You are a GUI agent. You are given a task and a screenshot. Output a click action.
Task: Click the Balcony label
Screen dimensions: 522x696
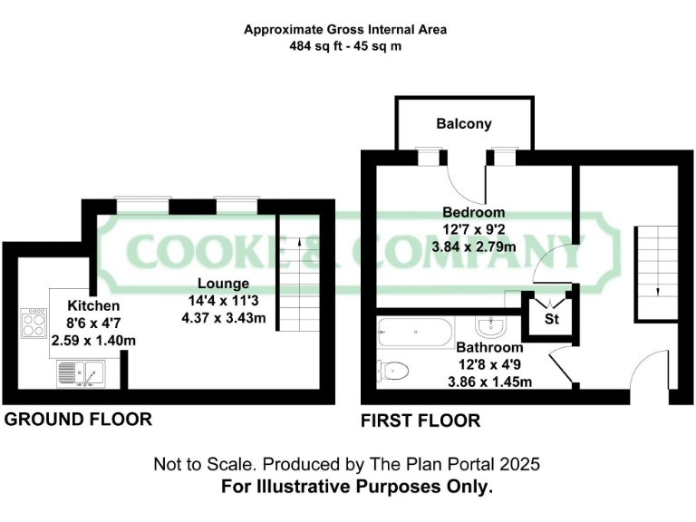tap(463, 124)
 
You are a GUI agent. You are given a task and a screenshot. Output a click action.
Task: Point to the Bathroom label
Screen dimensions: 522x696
tap(489, 348)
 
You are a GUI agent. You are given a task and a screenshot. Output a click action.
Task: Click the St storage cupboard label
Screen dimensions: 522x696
tap(551, 320)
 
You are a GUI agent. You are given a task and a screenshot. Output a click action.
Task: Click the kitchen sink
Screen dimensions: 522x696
tap(82, 372)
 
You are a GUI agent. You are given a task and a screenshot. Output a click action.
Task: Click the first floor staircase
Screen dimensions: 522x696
tap(655, 272)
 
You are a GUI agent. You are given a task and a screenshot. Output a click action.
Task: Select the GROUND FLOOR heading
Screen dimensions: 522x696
tap(78, 420)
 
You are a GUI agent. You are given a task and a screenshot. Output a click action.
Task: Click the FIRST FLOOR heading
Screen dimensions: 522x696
tap(420, 420)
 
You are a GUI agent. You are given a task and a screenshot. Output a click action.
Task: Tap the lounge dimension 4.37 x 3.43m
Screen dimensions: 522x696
tap(224, 317)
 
